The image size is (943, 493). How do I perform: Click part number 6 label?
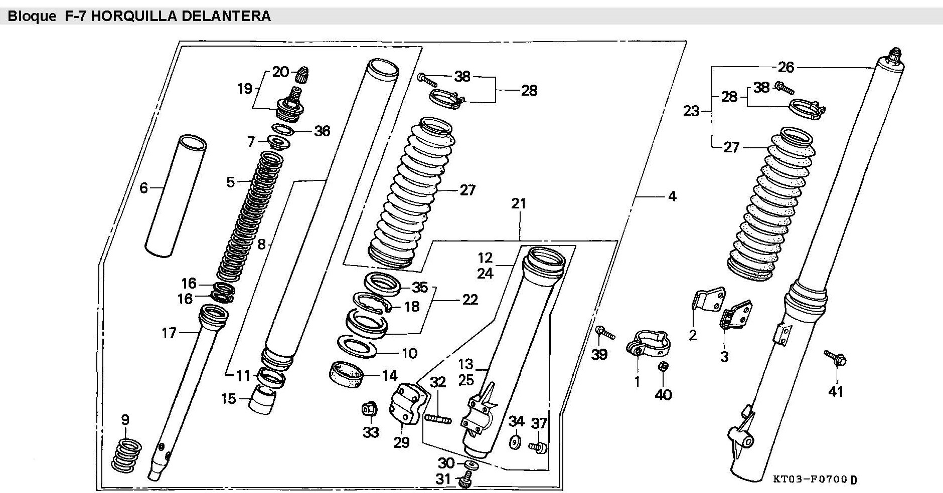click(x=143, y=188)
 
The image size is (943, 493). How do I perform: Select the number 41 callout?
click(x=835, y=391)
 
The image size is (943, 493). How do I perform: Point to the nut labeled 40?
click(x=663, y=367)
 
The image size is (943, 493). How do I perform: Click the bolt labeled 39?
click(x=605, y=332)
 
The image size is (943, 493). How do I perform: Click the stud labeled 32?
click(x=438, y=418)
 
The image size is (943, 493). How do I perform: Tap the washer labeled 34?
click(x=515, y=443)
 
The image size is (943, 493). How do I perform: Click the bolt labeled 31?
click(x=466, y=479)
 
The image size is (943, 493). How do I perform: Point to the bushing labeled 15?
click(x=264, y=399)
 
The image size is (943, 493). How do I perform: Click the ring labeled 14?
click(x=346, y=374)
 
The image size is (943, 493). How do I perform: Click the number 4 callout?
click(x=672, y=196)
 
